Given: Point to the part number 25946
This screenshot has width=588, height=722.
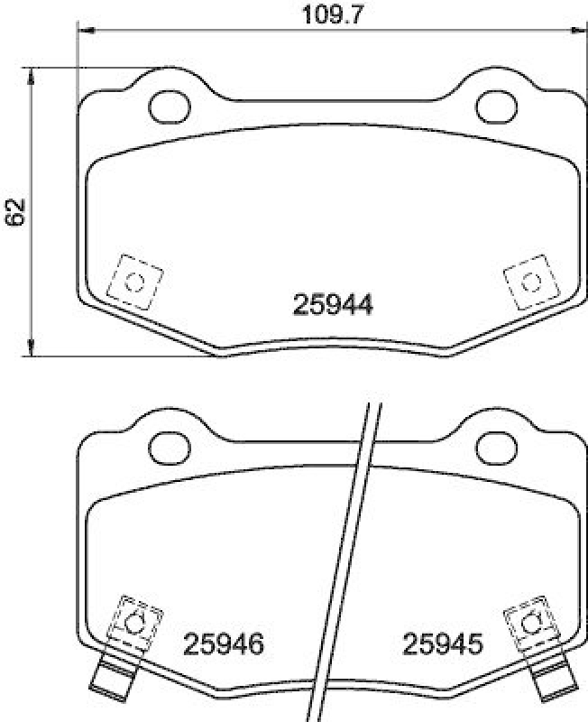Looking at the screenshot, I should (224, 644).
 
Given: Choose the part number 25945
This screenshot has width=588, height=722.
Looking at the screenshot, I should (442, 644).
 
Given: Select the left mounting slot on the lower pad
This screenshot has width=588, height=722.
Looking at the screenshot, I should (165, 443).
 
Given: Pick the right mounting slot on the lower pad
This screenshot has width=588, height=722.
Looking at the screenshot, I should (493, 443).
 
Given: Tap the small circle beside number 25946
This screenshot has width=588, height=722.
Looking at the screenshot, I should (135, 622).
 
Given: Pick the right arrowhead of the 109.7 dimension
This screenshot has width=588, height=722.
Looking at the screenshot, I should (574, 31).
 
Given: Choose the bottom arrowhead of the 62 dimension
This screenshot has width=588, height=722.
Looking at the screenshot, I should (33, 349).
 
